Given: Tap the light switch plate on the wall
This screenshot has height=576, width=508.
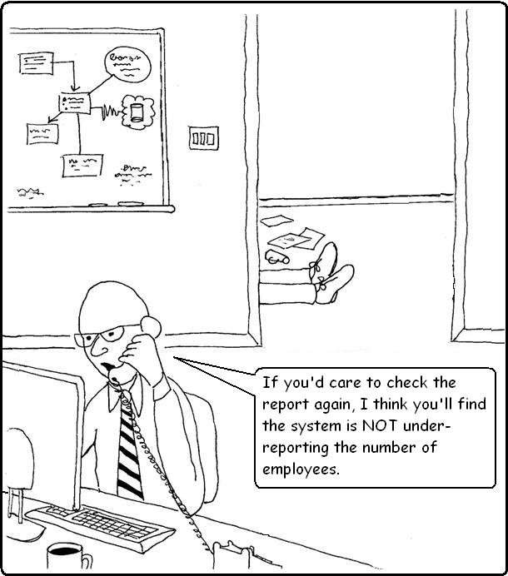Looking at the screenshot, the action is click(x=203, y=138).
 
